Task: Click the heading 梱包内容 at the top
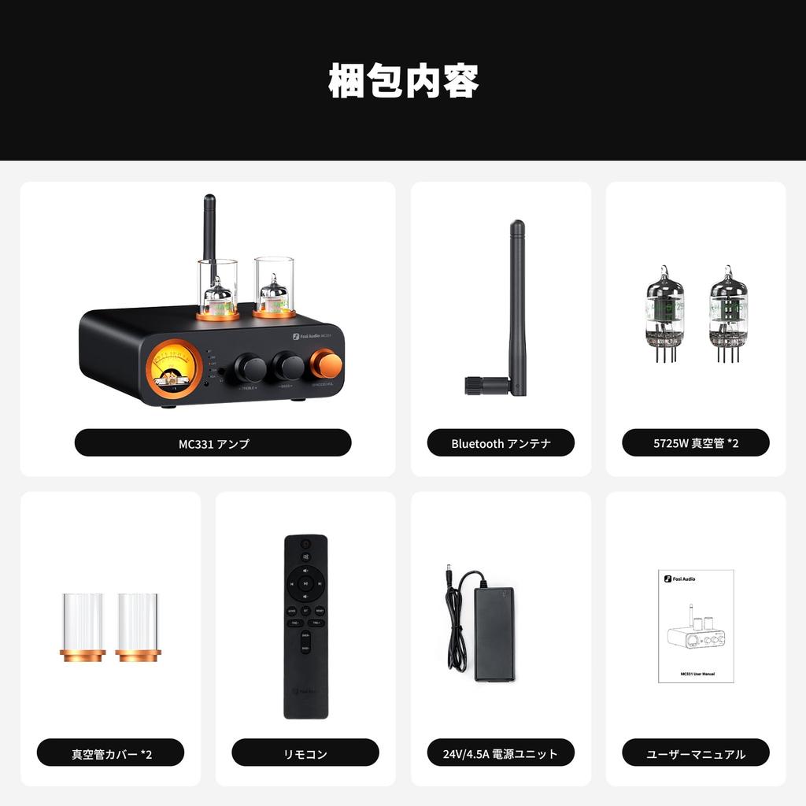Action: [403, 80]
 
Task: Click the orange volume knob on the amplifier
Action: [326, 364]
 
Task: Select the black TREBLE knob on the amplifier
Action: [250, 367]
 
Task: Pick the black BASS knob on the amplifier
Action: [288, 366]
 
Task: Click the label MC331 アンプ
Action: [213, 443]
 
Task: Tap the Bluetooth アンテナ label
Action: [501, 443]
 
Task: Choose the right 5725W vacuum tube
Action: [728, 314]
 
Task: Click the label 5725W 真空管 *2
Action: [696, 443]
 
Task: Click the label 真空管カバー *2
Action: [111, 753]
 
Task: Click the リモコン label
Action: [305, 753]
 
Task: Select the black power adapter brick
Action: [494, 634]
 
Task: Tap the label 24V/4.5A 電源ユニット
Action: [501, 753]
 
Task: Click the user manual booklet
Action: [696, 626]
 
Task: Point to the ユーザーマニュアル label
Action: [696, 753]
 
